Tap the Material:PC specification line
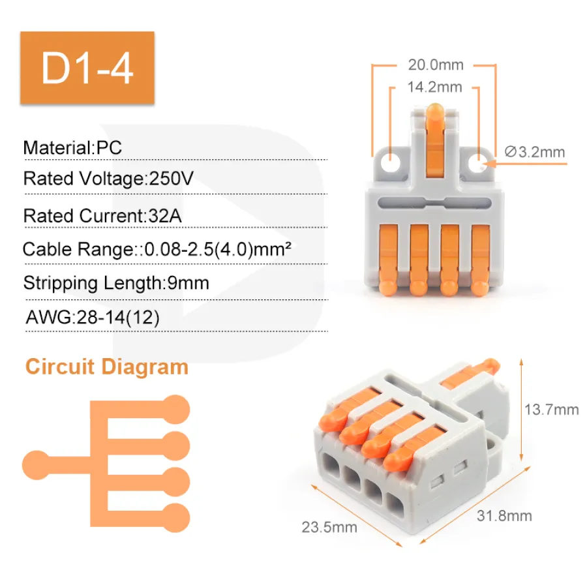click(x=72, y=147)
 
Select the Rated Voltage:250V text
click(x=108, y=179)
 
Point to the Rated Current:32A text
click(x=102, y=215)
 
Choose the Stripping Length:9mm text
click(x=116, y=283)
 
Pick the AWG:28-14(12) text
click(x=92, y=318)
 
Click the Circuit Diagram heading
click(x=107, y=367)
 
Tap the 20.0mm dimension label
click(x=436, y=65)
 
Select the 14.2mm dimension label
click(x=434, y=87)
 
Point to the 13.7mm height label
click(x=551, y=410)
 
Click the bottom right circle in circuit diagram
click(x=174, y=517)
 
